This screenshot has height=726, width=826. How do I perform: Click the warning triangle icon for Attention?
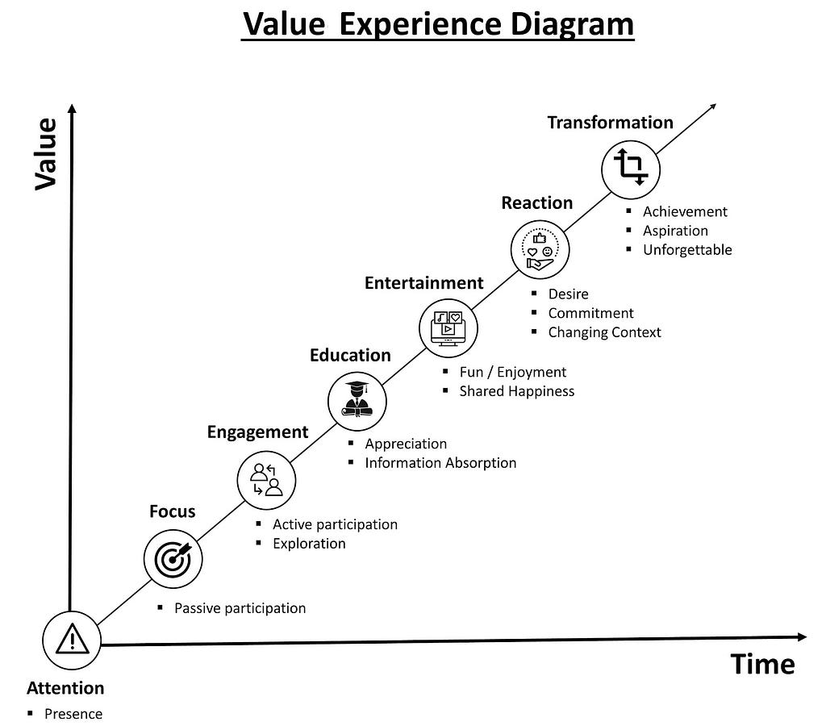click(72, 639)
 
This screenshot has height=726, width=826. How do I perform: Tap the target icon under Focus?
click(173, 559)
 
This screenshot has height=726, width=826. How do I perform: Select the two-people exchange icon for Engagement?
click(266, 480)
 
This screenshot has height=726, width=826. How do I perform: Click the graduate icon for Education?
click(357, 399)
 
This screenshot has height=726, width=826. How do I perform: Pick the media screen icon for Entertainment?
click(448, 328)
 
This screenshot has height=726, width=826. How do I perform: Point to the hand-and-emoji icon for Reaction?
click(540, 249)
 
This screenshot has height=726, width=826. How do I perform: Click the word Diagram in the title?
click(572, 23)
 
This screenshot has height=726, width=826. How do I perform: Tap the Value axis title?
click(46, 154)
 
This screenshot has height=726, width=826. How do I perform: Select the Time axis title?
click(763, 664)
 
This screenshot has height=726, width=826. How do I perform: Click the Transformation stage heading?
click(610, 123)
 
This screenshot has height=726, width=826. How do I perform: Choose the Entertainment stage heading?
click(423, 283)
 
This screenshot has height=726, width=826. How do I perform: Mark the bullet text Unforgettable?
click(687, 250)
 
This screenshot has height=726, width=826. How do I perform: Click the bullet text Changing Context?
click(605, 332)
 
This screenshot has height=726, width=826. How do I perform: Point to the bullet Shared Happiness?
click(517, 391)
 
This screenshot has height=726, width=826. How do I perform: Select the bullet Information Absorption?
click(441, 463)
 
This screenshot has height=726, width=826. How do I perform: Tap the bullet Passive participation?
click(240, 608)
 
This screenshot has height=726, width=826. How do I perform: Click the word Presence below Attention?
click(73, 714)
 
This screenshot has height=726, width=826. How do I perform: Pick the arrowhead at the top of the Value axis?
click(72, 109)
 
